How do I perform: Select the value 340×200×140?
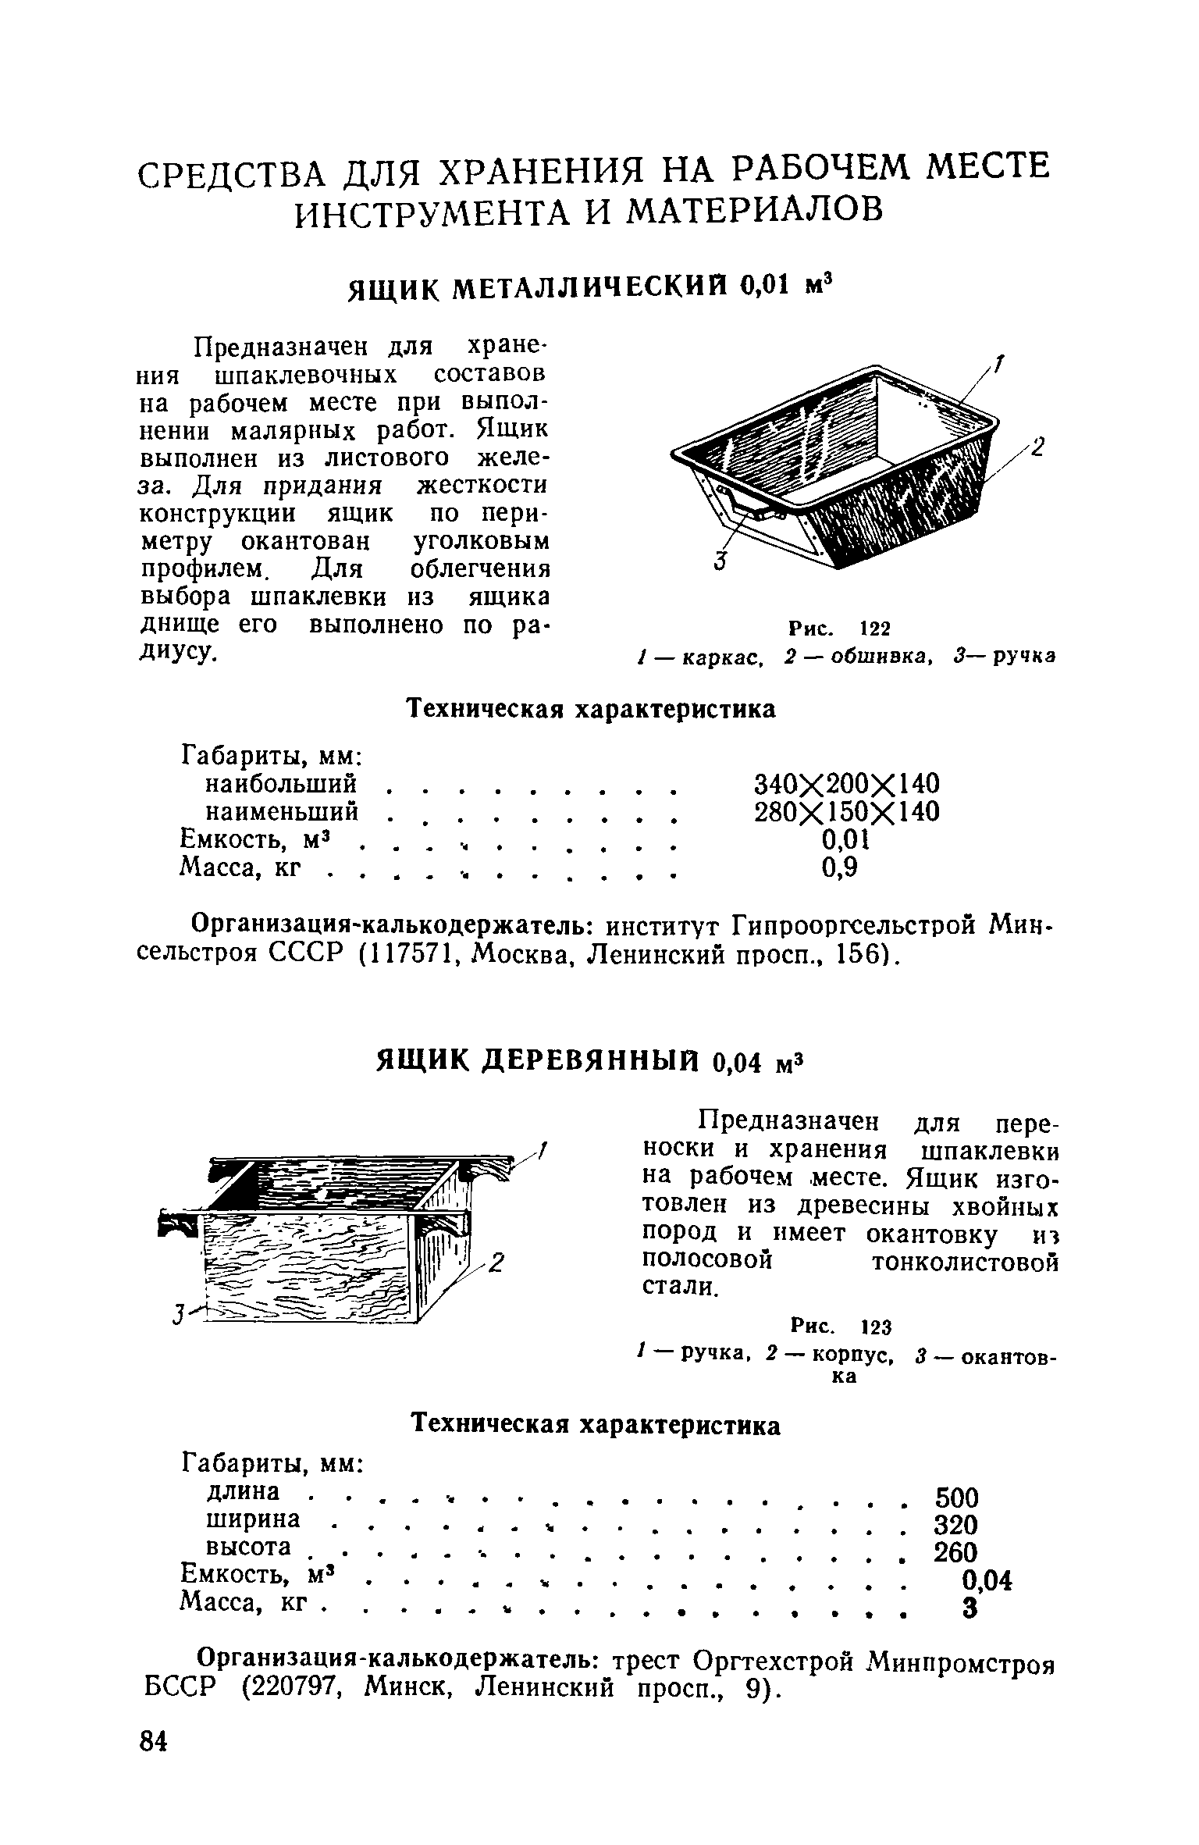[x=846, y=782]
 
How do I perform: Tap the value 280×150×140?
[x=846, y=812]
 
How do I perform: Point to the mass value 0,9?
[x=841, y=868]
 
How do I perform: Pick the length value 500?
[x=955, y=1498]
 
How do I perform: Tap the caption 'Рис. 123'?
[x=841, y=1327]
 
